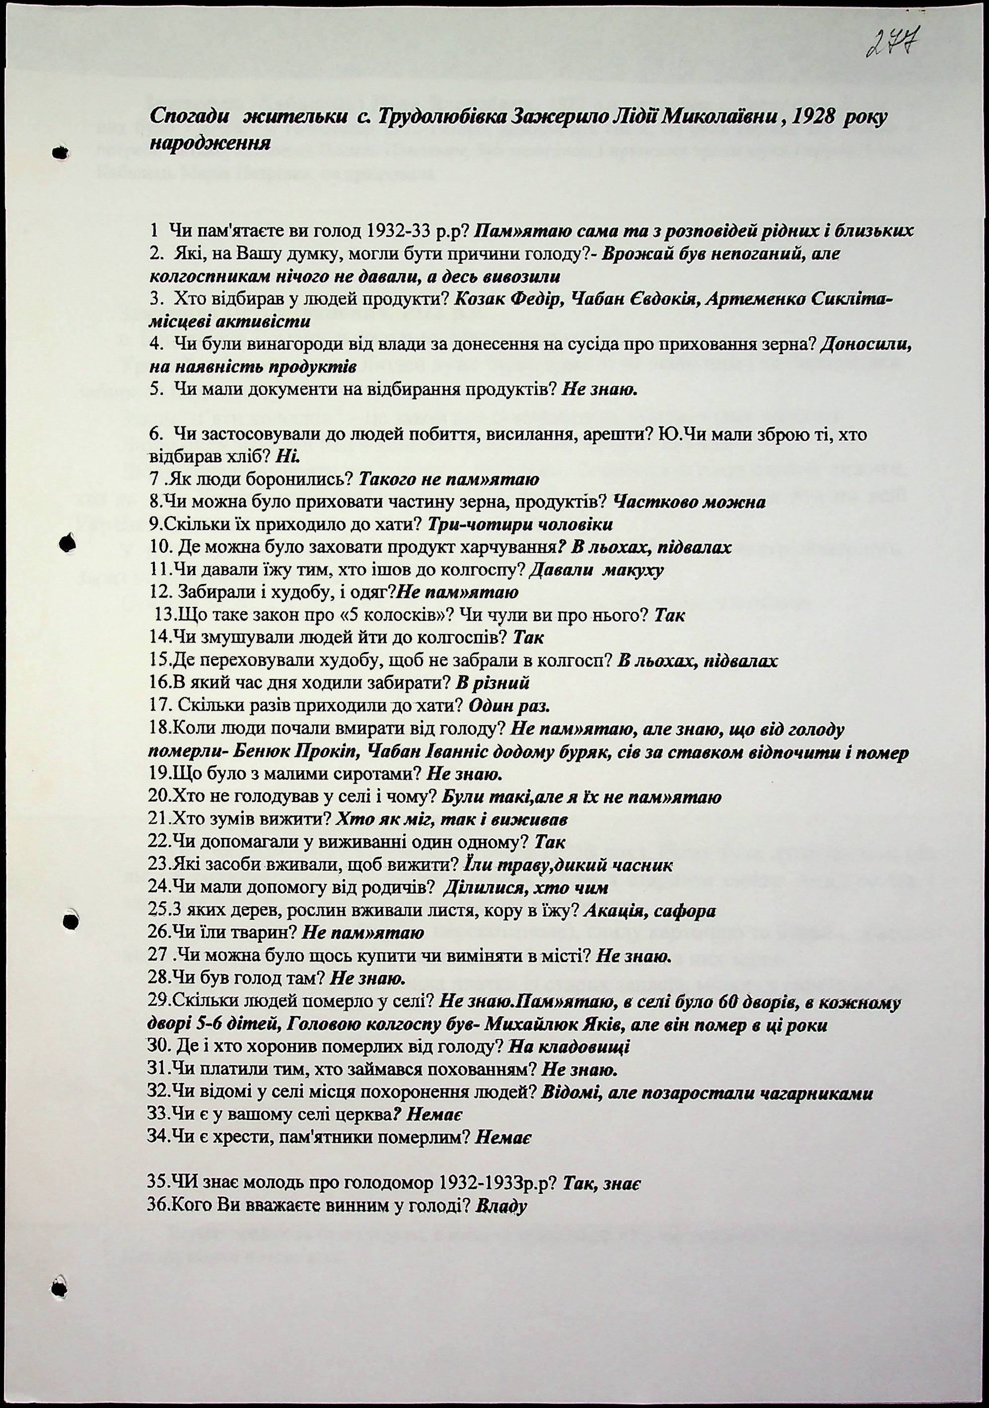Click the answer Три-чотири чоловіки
(x=519, y=525)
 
